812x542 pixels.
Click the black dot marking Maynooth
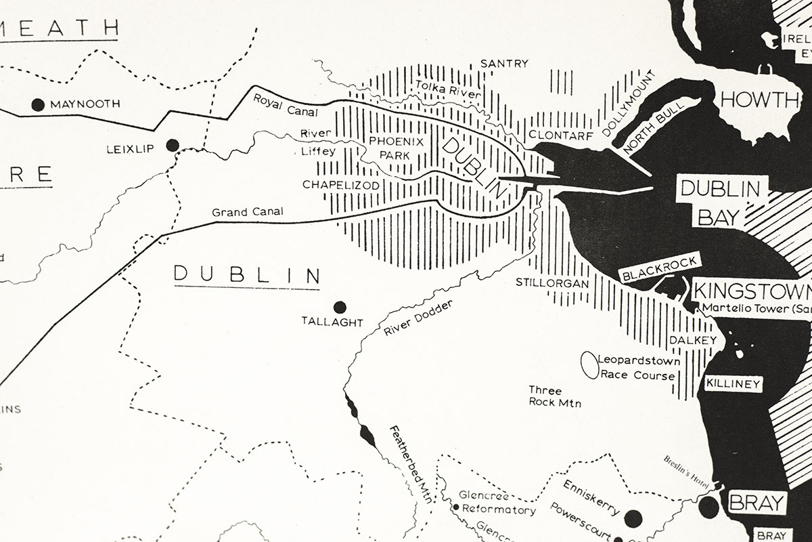tap(38, 104)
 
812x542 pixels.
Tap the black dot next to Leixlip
tap(173, 145)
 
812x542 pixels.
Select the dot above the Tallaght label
tap(340, 307)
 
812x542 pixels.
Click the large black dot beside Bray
tap(709, 507)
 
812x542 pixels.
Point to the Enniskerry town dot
tap(633, 518)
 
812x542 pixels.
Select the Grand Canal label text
tap(248, 212)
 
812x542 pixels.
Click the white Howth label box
tap(759, 100)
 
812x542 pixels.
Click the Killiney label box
tap(734, 383)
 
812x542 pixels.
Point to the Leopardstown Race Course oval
tap(590, 365)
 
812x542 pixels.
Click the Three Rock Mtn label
tap(554, 396)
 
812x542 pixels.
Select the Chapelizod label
tap(340, 184)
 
